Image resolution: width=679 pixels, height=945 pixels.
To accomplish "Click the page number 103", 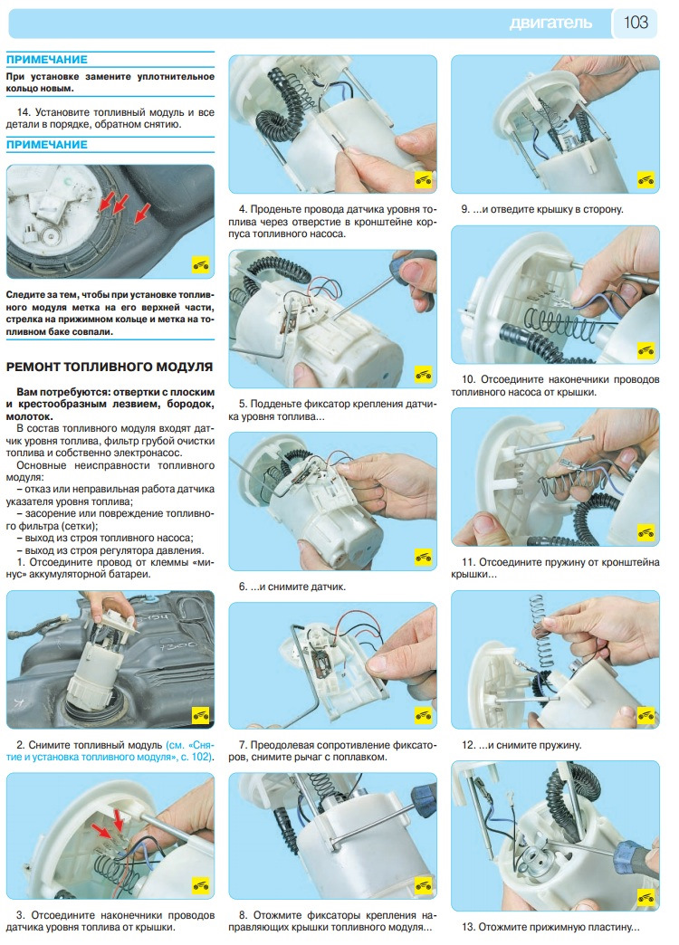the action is point(636,23).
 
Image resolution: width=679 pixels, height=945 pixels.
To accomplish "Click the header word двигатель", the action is point(550,24).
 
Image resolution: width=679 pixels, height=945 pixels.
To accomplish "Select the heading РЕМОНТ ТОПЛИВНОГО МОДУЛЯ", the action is point(110,367).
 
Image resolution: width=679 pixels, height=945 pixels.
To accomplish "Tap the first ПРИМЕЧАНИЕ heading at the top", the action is point(47,60).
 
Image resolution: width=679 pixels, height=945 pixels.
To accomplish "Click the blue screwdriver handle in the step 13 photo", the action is point(632,856).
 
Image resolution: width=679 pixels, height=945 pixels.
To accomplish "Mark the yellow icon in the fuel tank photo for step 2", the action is point(200,715).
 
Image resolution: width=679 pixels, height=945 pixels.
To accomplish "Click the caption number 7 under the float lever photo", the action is point(243,745).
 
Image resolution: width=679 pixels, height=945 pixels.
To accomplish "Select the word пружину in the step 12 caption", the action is point(561,746).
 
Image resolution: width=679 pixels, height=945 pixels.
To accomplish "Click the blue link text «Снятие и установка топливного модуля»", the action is point(110,751).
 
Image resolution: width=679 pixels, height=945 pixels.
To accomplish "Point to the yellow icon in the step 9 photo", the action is point(646,179).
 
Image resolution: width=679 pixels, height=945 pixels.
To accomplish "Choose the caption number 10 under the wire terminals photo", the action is point(468,379).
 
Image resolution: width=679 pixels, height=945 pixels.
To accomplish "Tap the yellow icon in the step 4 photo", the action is point(424,179).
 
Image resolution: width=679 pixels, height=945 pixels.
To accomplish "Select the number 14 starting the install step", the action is point(23,112).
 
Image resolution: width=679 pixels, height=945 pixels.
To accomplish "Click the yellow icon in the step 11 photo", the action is point(646,532).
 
